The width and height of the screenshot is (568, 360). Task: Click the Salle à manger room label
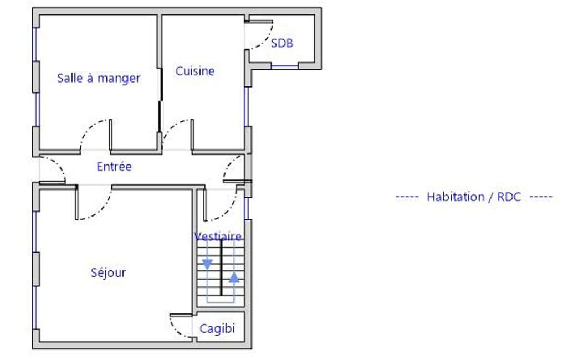point(99,78)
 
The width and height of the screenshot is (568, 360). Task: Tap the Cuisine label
point(195,71)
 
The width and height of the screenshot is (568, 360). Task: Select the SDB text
point(282,43)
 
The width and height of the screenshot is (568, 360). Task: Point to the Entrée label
point(114,167)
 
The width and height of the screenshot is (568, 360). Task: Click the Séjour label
point(108,272)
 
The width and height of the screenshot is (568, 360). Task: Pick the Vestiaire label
point(218,236)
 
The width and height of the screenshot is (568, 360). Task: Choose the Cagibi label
point(217,328)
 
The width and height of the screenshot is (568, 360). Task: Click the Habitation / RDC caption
point(474,197)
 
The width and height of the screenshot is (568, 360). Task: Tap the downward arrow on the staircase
point(207,264)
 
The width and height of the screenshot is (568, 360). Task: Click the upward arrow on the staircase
point(234,277)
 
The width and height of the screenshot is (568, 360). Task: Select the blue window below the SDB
point(285,66)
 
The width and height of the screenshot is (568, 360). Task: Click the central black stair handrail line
point(221,268)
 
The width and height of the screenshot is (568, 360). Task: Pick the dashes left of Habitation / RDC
point(407,197)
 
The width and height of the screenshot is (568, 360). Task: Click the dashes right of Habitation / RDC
point(541,197)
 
